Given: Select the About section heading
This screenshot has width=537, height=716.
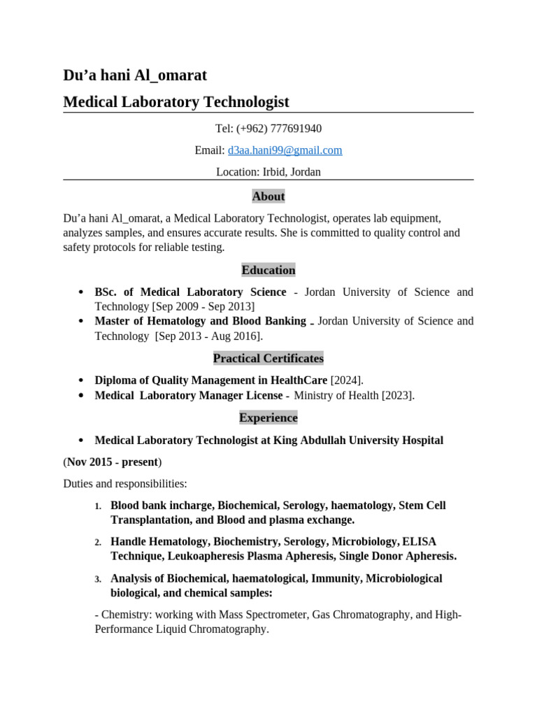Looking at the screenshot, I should [x=268, y=196].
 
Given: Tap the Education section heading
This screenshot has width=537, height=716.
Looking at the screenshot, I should [x=268, y=270].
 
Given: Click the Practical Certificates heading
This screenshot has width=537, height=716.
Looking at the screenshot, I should [x=268, y=358].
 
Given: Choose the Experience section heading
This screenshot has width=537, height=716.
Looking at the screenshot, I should [x=268, y=417].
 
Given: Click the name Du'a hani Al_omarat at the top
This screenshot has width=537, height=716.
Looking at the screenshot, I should [x=135, y=76].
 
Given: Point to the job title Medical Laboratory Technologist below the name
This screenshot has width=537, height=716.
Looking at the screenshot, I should [x=176, y=102].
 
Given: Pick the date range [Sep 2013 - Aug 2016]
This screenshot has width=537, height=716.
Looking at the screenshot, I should [x=210, y=336].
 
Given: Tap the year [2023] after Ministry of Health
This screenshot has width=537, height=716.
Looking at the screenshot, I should [x=397, y=396].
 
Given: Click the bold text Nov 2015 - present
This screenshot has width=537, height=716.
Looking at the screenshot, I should [x=113, y=462].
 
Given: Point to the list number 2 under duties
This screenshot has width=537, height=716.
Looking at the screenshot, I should [x=99, y=543].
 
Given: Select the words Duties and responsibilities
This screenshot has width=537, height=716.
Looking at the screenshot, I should [x=125, y=483].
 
